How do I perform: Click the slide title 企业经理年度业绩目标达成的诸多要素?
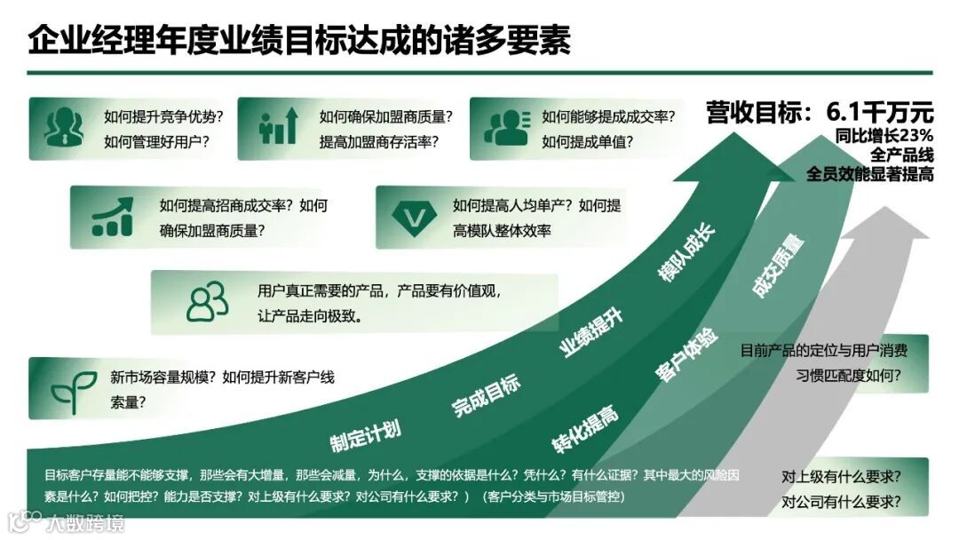(299, 40)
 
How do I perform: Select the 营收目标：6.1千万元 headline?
(820, 113)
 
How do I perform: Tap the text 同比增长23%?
(884, 136)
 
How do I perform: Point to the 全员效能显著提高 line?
(869, 174)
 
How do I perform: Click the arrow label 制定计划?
(365, 434)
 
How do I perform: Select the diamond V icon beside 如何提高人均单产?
(411, 216)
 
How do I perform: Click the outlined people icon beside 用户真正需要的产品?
(207, 302)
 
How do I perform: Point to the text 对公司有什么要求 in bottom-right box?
(841, 502)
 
